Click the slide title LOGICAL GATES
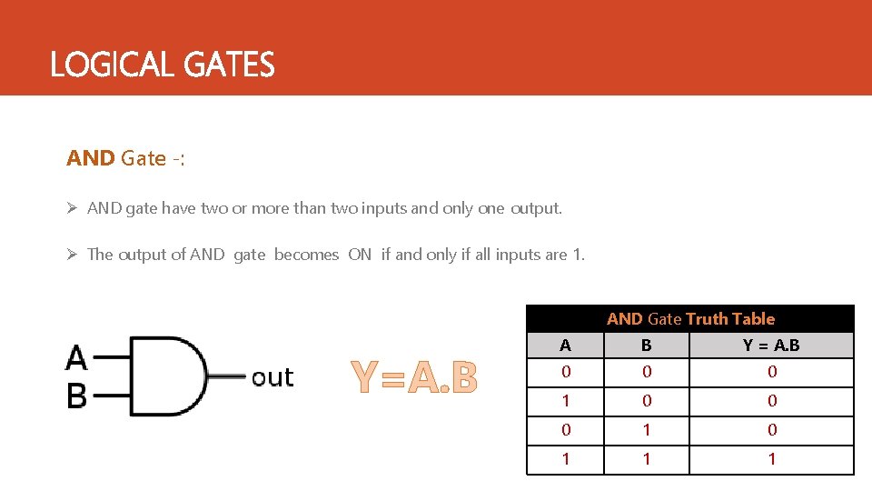click(x=162, y=65)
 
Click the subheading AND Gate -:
click(x=125, y=158)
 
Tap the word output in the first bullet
click(x=536, y=208)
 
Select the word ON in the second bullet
click(x=360, y=255)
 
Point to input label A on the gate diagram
click(x=76, y=358)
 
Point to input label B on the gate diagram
click(x=76, y=396)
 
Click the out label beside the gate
click(x=272, y=377)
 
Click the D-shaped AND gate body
click(x=168, y=376)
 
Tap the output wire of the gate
click(x=227, y=376)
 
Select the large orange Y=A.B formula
click(x=413, y=377)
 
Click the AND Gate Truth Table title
click(x=690, y=318)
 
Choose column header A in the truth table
click(x=566, y=346)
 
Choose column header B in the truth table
click(x=646, y=346)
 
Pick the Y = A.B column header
click(x=771, y=346)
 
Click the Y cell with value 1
click(x=771, y=459)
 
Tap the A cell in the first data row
click(x=566, y=372)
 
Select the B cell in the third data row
click(x=646, y=430)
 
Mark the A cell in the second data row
click(x=566, y=401)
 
